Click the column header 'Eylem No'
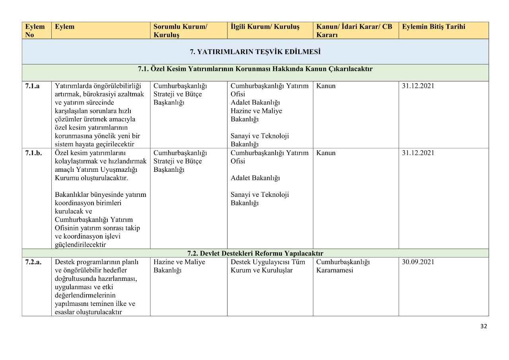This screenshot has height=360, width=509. coord(35,31)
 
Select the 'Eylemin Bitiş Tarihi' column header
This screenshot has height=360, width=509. coord(433,27)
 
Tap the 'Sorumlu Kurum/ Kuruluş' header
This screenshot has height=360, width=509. coord(180,31)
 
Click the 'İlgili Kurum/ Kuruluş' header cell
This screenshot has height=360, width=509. coord(265,27)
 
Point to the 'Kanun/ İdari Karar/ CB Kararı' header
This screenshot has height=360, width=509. coord(354,31)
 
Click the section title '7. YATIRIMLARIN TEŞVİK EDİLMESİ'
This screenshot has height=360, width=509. coord(255,52)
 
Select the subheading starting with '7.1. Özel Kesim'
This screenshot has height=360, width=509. coord(255,69)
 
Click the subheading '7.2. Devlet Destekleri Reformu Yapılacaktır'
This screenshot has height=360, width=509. coord(255,253)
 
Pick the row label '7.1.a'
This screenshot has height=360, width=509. coord(32,86)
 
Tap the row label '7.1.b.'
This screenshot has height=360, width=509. coord(33,153)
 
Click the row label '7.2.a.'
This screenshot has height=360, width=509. coord(33,262)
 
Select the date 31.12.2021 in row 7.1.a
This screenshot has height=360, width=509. coord(418,86)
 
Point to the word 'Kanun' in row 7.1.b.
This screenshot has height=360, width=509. coord(326,153)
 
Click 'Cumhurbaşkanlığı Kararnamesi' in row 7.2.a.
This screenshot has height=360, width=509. coord(343,266)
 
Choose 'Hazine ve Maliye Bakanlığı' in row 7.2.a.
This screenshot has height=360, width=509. coord(179,266)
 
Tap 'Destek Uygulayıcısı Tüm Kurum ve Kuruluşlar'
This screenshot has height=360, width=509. coord(265,266)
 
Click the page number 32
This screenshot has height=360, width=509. coord(484,326)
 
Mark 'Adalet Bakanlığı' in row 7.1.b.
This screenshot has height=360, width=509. coord(255,178)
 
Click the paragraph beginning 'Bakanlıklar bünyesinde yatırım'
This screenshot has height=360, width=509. coord(101,220)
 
